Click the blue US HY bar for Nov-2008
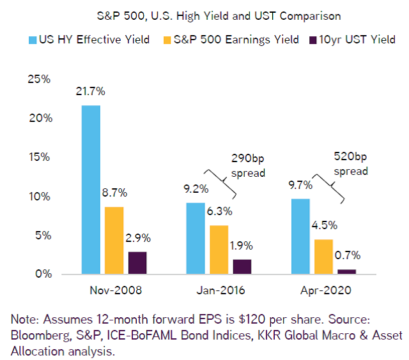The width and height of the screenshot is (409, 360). pos(91,190)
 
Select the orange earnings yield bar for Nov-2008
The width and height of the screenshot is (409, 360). pos(114,241)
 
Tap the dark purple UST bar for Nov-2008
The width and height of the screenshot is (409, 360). pos(137,263)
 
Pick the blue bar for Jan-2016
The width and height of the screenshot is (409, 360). pos(195,238)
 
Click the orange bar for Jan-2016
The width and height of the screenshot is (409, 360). pos(219,250)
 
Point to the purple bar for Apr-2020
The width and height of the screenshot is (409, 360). pos(346,272)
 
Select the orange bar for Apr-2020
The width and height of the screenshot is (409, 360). pos(323,257)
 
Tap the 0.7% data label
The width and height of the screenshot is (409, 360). pos(347,256)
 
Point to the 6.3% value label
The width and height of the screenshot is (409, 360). pos(219,211)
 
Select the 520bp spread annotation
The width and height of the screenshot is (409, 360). pos(351,163)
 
